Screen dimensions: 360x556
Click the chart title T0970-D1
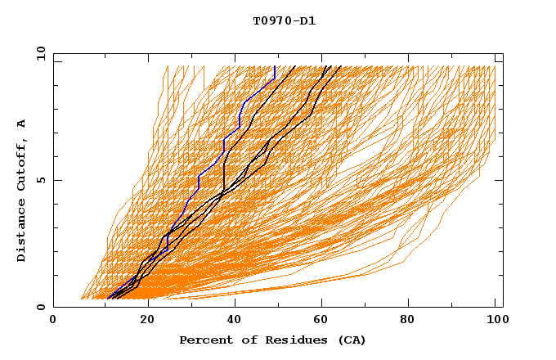(284, 21)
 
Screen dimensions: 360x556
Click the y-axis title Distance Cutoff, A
(21, 190)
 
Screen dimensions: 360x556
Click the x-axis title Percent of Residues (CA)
(272, 340)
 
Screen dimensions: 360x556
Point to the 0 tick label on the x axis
(54, 320)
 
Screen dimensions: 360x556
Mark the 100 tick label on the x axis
(495, 320)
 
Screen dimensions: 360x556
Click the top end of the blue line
(276, 66)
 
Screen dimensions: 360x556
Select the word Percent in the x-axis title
(203, 340)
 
